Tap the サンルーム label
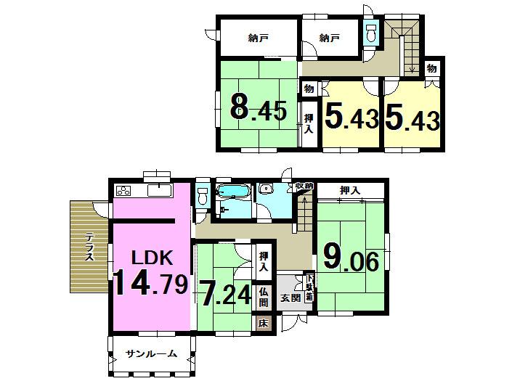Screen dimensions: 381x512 tap(151, 354)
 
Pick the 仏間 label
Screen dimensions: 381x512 tap(264, 296)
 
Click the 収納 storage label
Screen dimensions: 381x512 tap(304, 187)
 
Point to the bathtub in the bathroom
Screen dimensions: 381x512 tap(233, 194)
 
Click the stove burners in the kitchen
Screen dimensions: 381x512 tap(123, 192)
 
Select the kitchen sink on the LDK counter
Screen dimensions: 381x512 tap(158, 191)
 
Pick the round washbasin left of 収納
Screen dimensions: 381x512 tap(266, 189)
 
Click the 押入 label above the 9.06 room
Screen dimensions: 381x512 tap(349, 190)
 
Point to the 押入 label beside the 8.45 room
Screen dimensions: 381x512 tap(309, 124)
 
